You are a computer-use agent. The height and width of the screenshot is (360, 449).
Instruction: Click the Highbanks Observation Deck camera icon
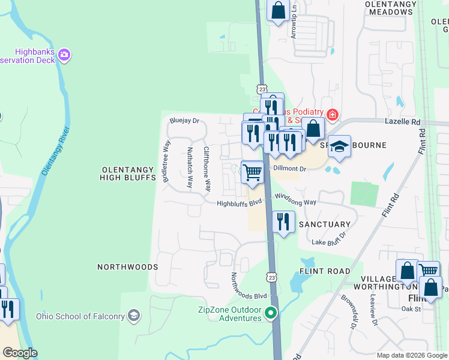(65, 56)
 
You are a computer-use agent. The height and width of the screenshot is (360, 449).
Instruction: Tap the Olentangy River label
(56, 151)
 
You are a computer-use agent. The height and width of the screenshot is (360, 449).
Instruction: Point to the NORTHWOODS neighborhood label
(127, 266)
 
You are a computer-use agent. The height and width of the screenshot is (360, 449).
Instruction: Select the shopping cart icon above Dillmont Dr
(252, 172)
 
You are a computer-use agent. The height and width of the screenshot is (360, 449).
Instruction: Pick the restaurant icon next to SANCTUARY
(283, 221)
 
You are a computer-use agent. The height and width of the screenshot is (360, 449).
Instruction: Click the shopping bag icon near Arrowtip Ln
(277, 10)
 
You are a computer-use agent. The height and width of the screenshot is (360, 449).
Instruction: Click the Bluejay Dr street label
(184, 121)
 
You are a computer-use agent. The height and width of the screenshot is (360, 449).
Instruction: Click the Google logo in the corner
(19, 353)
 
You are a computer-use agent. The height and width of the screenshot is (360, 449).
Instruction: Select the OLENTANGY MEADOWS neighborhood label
(391, 8)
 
